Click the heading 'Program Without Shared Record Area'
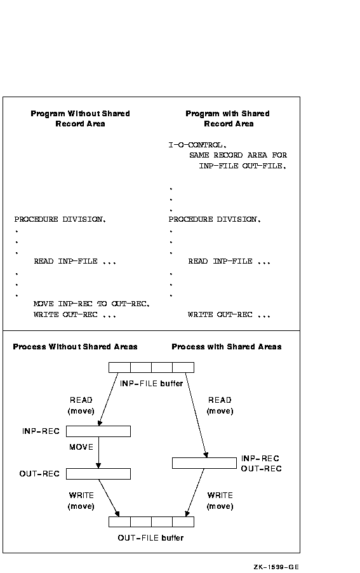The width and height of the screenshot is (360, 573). click(81, 118)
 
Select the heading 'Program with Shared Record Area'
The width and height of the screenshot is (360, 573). click(228, 118)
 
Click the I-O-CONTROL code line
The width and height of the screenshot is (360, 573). click(197, 145)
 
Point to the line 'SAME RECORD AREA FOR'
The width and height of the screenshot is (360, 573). click(238, 155)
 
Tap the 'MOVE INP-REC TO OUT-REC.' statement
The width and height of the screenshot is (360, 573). click(91, 304)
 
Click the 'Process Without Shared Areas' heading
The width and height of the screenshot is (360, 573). click(75, 346)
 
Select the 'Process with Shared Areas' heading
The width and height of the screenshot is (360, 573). click(227, 346)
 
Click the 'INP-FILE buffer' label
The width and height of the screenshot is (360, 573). click(151, 383)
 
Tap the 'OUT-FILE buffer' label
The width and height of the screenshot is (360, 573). click(150, 537)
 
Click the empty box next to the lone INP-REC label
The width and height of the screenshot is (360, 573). click(98, 431)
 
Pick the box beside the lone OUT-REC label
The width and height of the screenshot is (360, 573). click(98, 474)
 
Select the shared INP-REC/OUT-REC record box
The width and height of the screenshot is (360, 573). click(204, 463)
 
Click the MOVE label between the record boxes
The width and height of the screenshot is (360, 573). click(81, 447)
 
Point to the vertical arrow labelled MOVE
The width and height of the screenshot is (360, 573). click(98, 452)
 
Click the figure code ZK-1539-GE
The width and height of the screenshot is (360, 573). click(276, 567)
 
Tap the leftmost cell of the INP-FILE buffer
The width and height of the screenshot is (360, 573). click(119, 367)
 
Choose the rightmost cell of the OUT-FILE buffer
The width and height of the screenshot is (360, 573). click(183, 522)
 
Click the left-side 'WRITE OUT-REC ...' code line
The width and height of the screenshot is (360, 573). click(75, 314)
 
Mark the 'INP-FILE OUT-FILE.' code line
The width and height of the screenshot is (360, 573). click(243, 166)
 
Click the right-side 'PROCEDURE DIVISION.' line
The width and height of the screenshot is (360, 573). click(215, 219)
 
